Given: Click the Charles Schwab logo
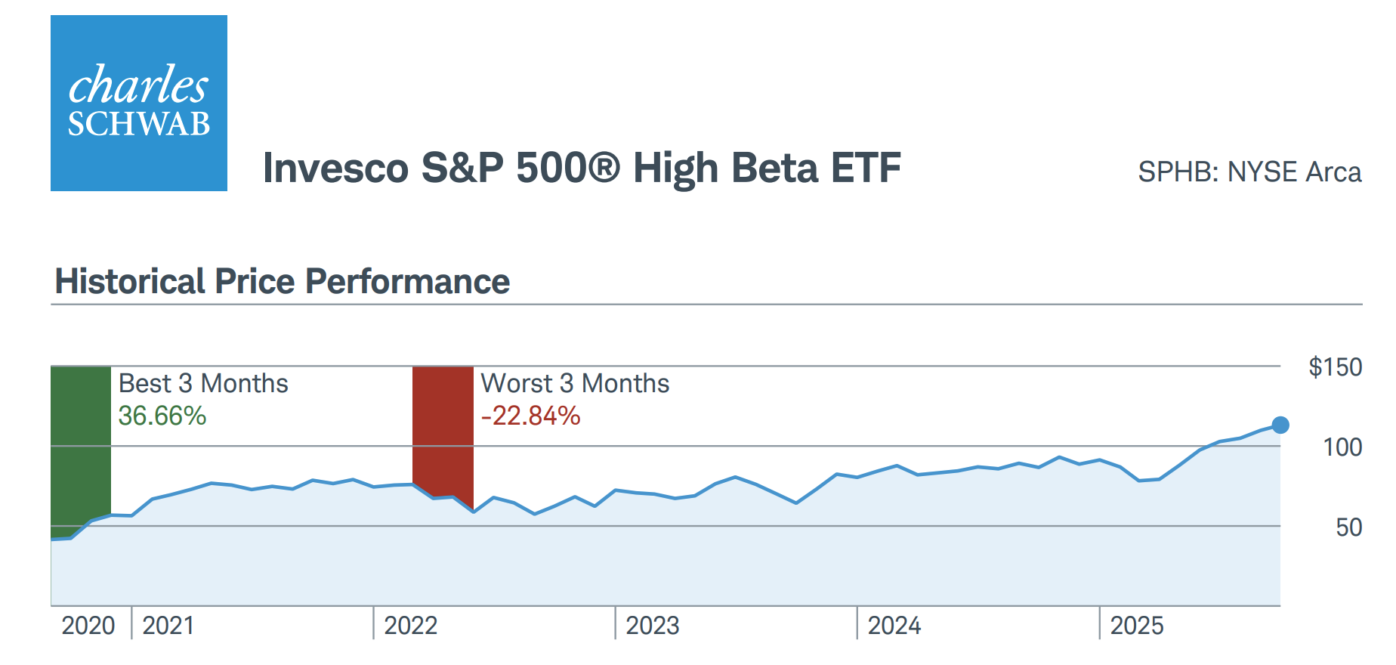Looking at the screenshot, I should coord(139,104).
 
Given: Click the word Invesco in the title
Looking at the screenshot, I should coord(335,168).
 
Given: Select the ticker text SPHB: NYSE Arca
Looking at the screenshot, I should coord(1249,172).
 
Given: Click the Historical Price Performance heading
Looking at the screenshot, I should coord(283,282).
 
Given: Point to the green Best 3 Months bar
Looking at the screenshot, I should coord(81,446).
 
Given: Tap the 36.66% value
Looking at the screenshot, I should coord(162,416).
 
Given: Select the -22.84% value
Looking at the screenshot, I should coord(531,416).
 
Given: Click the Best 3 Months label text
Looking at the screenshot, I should coord(203,384).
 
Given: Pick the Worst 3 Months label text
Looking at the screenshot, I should coord(575,384).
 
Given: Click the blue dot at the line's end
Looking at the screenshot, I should coord(1280,425).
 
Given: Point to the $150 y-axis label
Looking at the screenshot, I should coord(1335,367).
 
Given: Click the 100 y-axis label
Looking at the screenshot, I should coord(1342,447).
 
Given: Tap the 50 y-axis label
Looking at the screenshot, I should coord(1348,527).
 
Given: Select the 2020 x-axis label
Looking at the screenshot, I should coord(88,626).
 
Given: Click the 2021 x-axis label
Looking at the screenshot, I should coord(168,626).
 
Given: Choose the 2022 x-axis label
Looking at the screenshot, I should coord(411,626).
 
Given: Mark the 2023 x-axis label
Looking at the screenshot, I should coord(653,626).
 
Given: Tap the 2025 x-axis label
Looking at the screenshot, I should coord(1137,626).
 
